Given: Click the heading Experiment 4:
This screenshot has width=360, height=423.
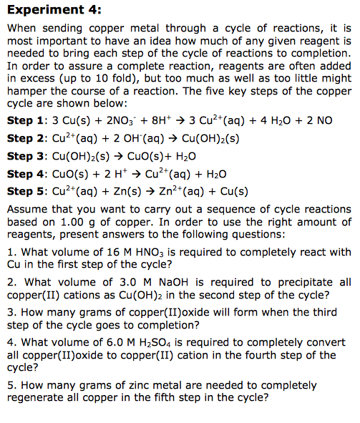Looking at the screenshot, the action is coord(54,10).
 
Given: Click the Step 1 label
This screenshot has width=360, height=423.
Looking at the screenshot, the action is coord(25,120).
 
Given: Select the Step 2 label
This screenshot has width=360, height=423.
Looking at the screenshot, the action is coord(25,138).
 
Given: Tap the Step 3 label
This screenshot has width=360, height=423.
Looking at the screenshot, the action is coord(25,156).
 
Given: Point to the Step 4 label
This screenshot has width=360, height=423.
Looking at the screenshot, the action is coord(25,174).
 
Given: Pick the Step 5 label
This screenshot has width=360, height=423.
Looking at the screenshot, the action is coord(25,191).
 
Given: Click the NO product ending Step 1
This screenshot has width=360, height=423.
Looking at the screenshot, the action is coord(325,120).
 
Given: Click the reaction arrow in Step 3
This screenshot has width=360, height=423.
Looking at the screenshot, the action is coord(125,156).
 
